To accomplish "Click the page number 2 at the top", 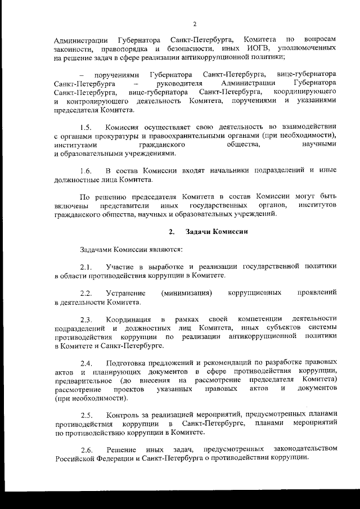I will [x=194, y=24].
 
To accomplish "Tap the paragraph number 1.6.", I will [x=85, y=170].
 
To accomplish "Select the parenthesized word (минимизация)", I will [x=187, y=294].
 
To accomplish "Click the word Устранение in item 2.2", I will [x=126, y=294].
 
